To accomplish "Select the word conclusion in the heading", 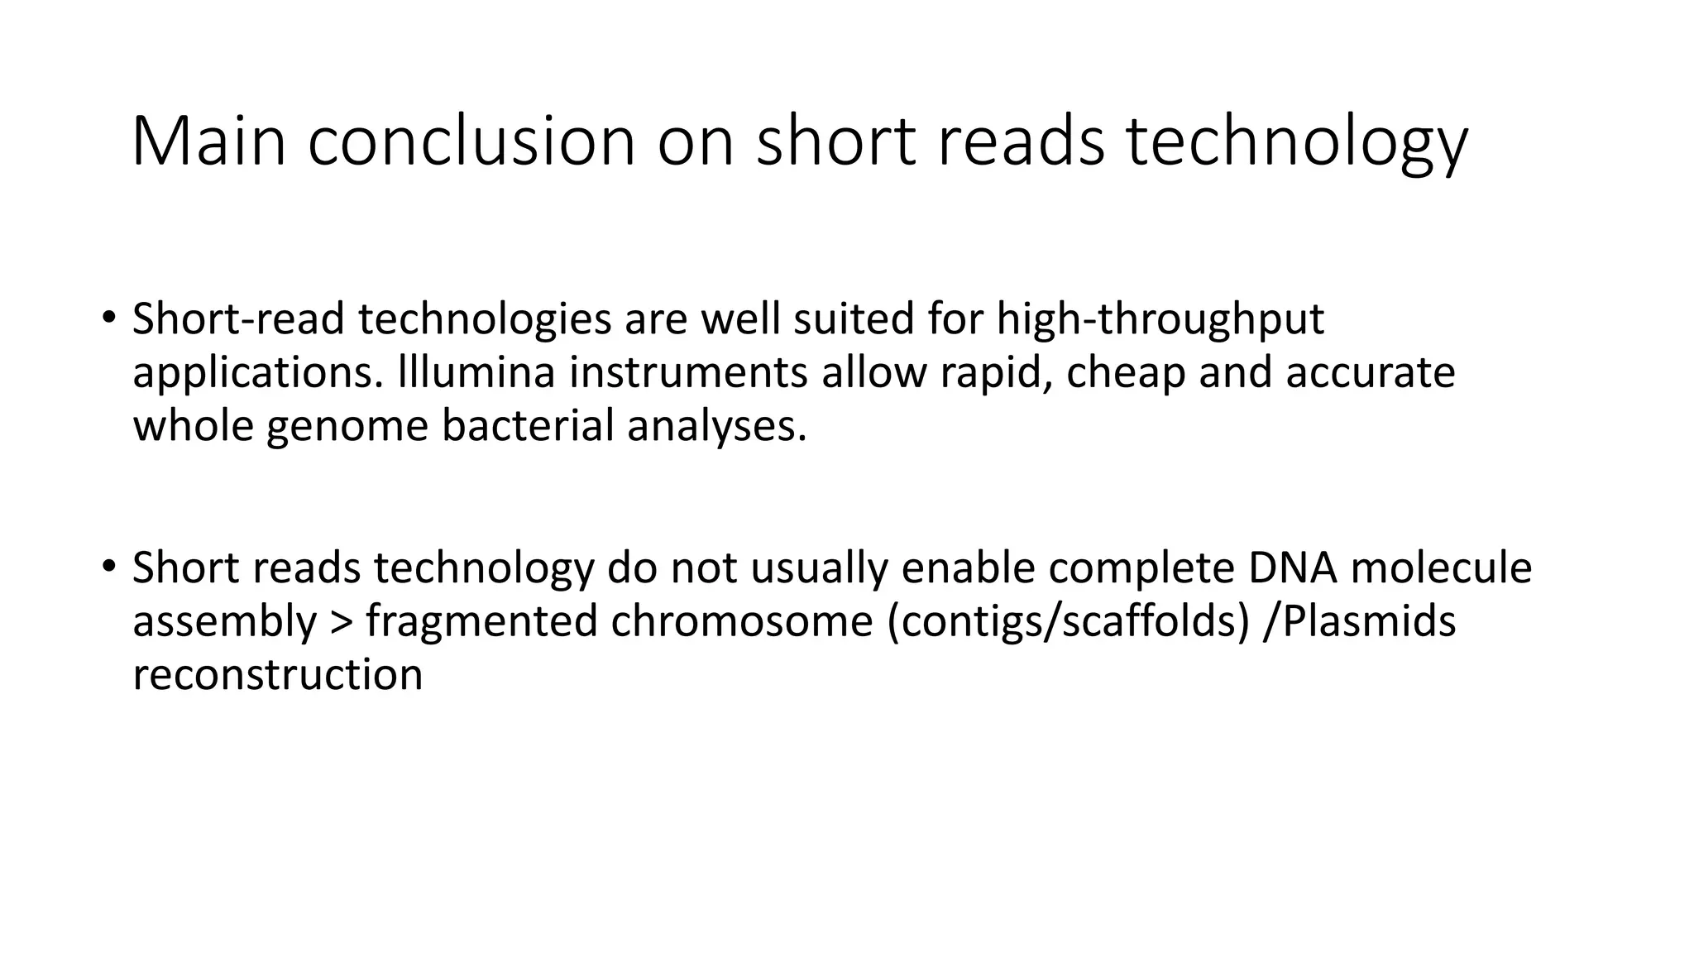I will tap(471, 141).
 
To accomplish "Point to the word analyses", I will tap(715, 426).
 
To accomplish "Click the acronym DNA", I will tap(1292, 567).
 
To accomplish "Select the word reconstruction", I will tap(278, 675).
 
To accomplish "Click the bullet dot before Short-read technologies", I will tap(108, 318).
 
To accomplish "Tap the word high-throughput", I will tap(1160, 319).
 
